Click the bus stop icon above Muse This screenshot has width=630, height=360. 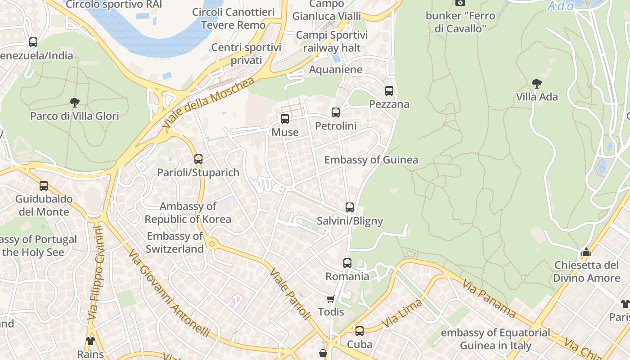point(285,119)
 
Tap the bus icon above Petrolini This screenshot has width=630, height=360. point(336,112)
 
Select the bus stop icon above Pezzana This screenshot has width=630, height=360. point(389,91)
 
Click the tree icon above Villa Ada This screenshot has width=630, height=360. point(536,83)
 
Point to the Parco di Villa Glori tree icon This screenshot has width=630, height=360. point(75,103)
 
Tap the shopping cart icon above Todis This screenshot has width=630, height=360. point(331,299)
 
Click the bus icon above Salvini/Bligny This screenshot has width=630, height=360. point(350,207)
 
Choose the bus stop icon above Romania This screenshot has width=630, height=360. point(347,263)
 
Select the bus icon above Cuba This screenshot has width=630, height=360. point(359,331)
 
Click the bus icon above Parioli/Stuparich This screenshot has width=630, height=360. point(198,159)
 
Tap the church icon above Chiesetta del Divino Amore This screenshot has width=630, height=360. point(586,252)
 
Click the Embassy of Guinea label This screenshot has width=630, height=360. point(371,160)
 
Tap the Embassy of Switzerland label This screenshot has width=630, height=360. point(175,243)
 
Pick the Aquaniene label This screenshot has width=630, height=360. point(335,69)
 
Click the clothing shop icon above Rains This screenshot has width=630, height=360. point(90,341)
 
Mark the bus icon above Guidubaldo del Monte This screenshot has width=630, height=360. point(44,186)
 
